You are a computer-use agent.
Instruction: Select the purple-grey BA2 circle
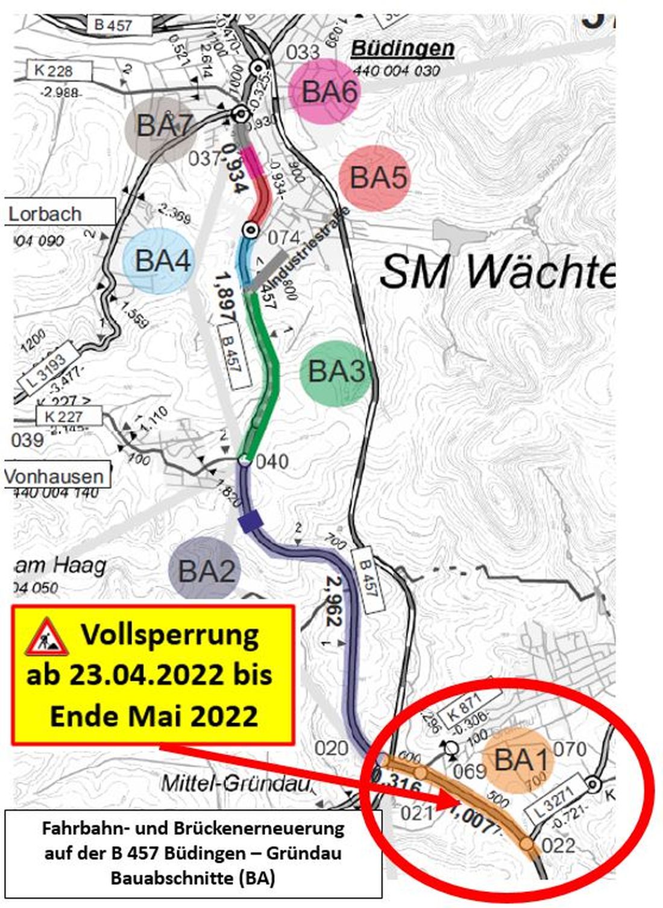206,570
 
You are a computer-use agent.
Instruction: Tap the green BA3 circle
336,371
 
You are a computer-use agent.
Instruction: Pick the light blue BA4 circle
160,261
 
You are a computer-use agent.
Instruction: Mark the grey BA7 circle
162,127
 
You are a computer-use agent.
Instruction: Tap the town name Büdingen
402,48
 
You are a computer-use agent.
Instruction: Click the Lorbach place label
46,213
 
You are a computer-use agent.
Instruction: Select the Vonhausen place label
54,476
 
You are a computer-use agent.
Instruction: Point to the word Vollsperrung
171,635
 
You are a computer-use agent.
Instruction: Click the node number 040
272,462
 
